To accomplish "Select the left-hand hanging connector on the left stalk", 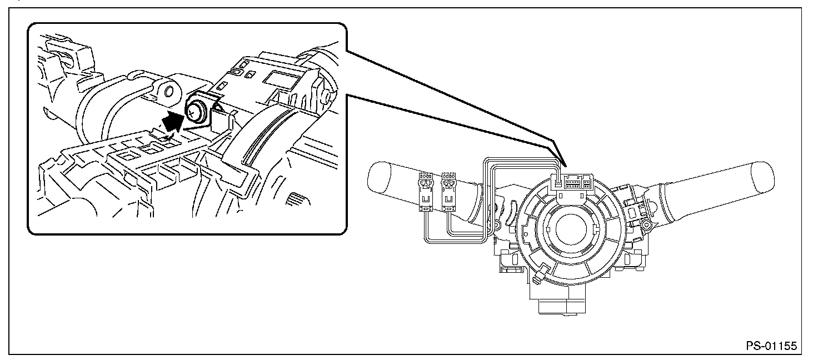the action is [x=427, y=192].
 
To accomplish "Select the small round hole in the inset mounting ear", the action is [x=169, y=91].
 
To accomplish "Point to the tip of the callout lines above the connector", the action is [x=563, y=166].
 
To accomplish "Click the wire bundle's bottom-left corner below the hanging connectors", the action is [x=426, y=241].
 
